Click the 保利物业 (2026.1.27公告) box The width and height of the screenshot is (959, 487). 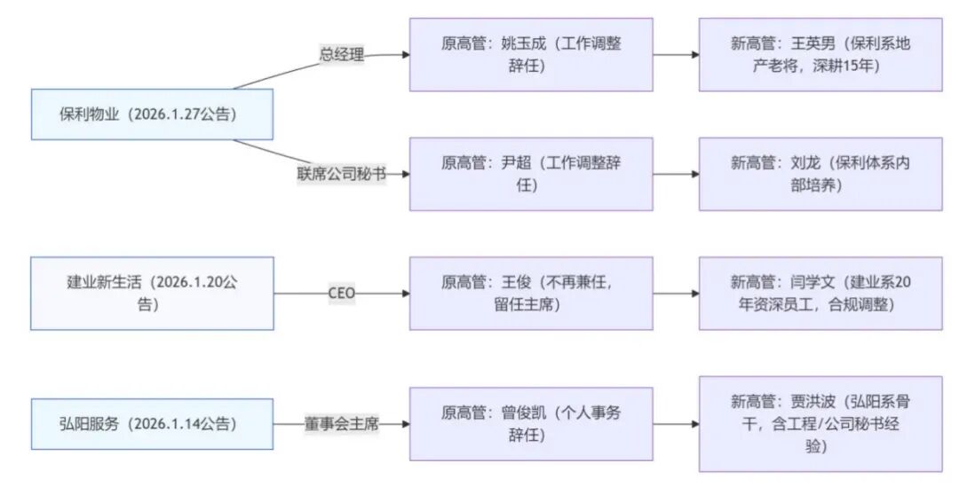152,114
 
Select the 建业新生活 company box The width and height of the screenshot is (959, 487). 152,294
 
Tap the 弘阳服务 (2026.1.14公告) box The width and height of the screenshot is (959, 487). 152,424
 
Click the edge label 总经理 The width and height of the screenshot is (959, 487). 342,54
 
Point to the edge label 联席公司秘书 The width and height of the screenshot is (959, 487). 342,174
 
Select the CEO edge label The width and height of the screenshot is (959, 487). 342,294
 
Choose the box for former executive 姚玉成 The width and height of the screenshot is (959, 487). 531,55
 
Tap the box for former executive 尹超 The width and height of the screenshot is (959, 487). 531,174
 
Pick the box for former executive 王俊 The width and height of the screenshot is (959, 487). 531,294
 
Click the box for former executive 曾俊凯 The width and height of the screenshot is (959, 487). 531,424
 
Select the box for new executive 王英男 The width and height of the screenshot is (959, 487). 820,55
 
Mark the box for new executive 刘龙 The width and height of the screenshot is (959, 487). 820,174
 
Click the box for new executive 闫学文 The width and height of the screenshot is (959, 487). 820,294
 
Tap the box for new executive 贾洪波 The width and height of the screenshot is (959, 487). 820,424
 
